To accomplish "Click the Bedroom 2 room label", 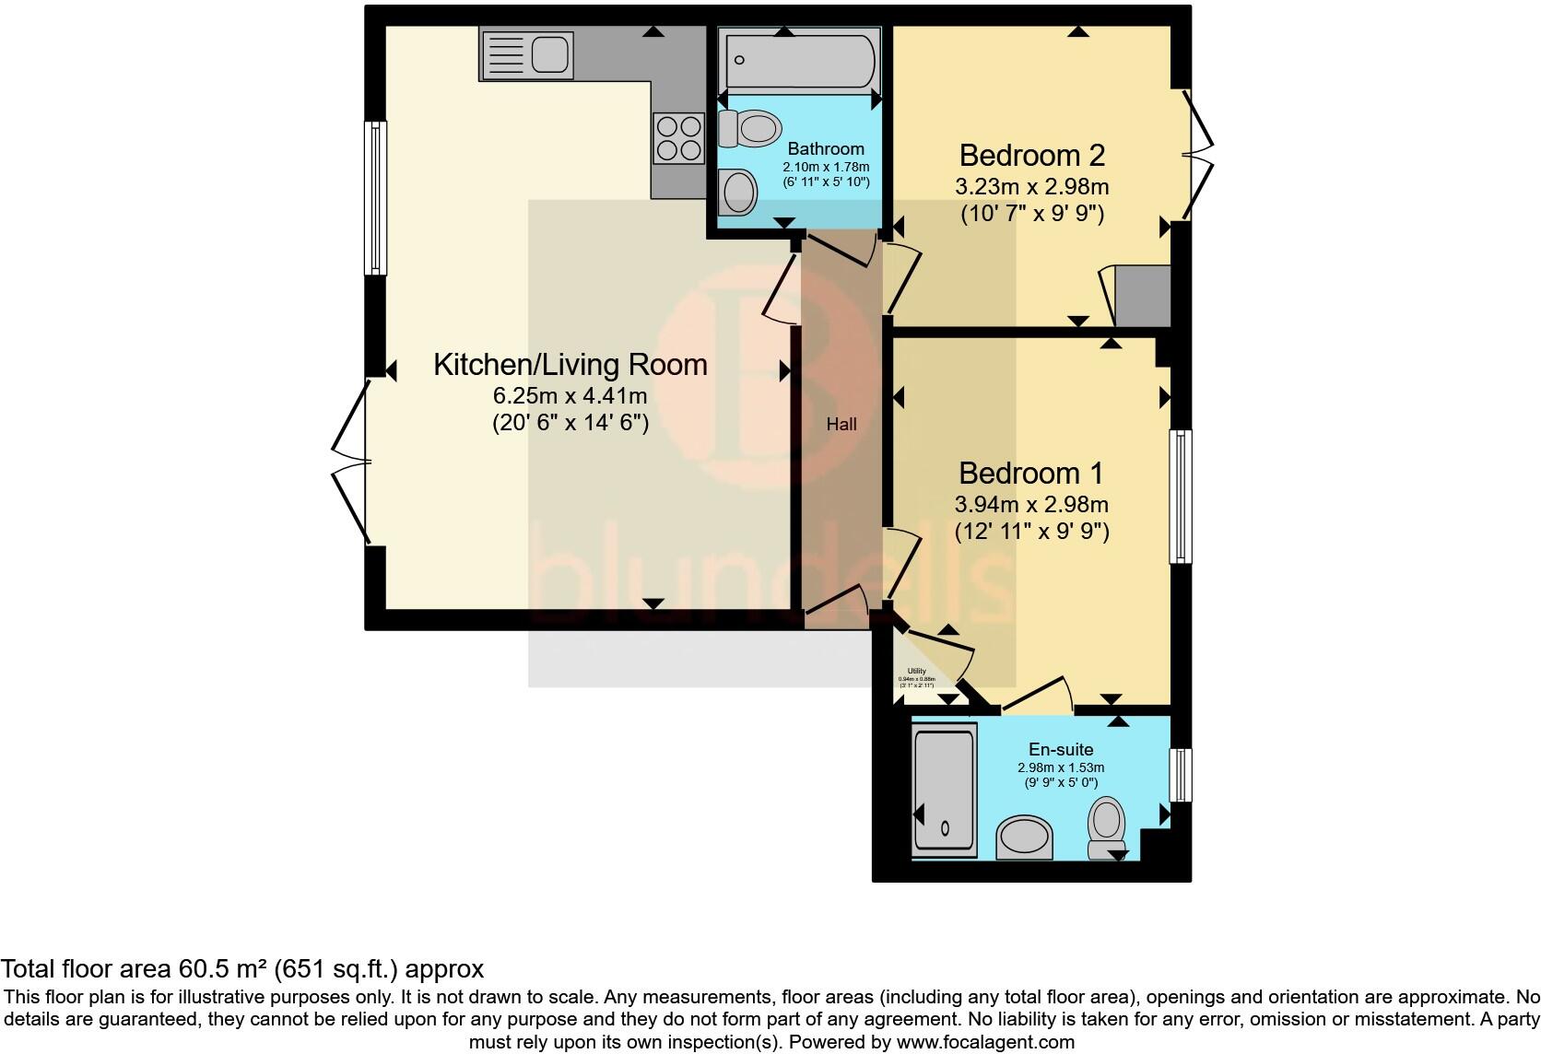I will tap(1031, 155).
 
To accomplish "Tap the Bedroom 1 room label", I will tap(1030, 473).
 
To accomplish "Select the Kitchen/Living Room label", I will tap(570, 365).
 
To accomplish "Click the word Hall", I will tap(841, 425).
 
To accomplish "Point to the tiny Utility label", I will tap(916, 671).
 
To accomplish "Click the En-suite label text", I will tap(1060, 750).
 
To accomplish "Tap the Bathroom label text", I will tap(826, 148).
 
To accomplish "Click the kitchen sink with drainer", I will tap(525, 53).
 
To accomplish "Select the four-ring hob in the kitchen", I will tap(678, 137).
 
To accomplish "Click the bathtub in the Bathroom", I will tap(799, 62).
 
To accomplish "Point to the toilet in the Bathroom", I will tap(747, 128).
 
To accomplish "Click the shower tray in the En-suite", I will tap(943, 790).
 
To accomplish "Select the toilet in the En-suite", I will tap(1106, 826).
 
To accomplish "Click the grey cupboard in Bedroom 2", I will tap(1142, 296).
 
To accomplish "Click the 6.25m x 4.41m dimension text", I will tap(570, 396).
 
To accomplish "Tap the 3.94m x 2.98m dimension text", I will tap(1030, 504).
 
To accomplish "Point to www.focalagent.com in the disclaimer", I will tap(985, 1042).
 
